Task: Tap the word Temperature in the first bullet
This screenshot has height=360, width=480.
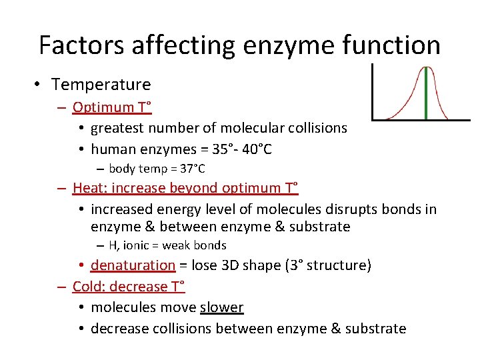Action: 101,85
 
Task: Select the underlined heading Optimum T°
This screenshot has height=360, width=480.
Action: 112,107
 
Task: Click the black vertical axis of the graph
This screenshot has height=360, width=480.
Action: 372,92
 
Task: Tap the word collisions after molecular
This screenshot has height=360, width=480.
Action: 315,128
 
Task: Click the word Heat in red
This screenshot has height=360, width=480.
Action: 87,189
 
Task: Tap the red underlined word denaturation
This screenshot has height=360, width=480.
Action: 133,265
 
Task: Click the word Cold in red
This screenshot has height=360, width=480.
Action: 87,287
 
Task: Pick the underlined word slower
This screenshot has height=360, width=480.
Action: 221,308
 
